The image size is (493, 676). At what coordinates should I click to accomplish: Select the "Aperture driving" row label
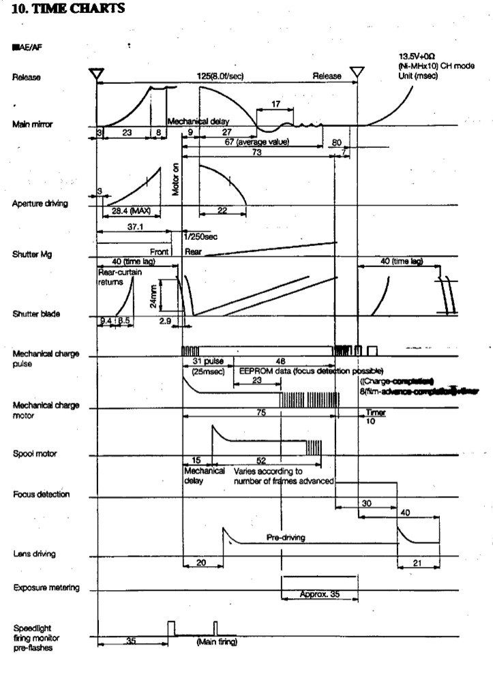coord(39,204)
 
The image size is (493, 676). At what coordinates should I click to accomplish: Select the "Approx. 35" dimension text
coord(319,594)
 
